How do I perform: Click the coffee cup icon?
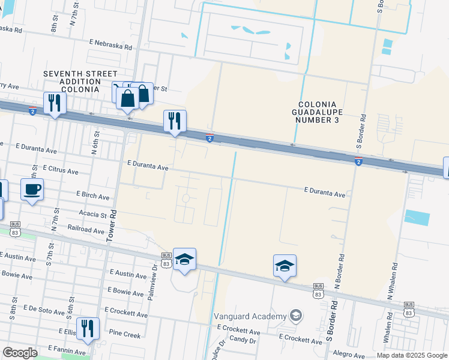32,190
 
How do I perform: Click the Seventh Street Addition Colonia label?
80,82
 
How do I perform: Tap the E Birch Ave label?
92,196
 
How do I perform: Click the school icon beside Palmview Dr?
184,259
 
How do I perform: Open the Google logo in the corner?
20,353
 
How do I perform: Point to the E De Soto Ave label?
42,312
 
